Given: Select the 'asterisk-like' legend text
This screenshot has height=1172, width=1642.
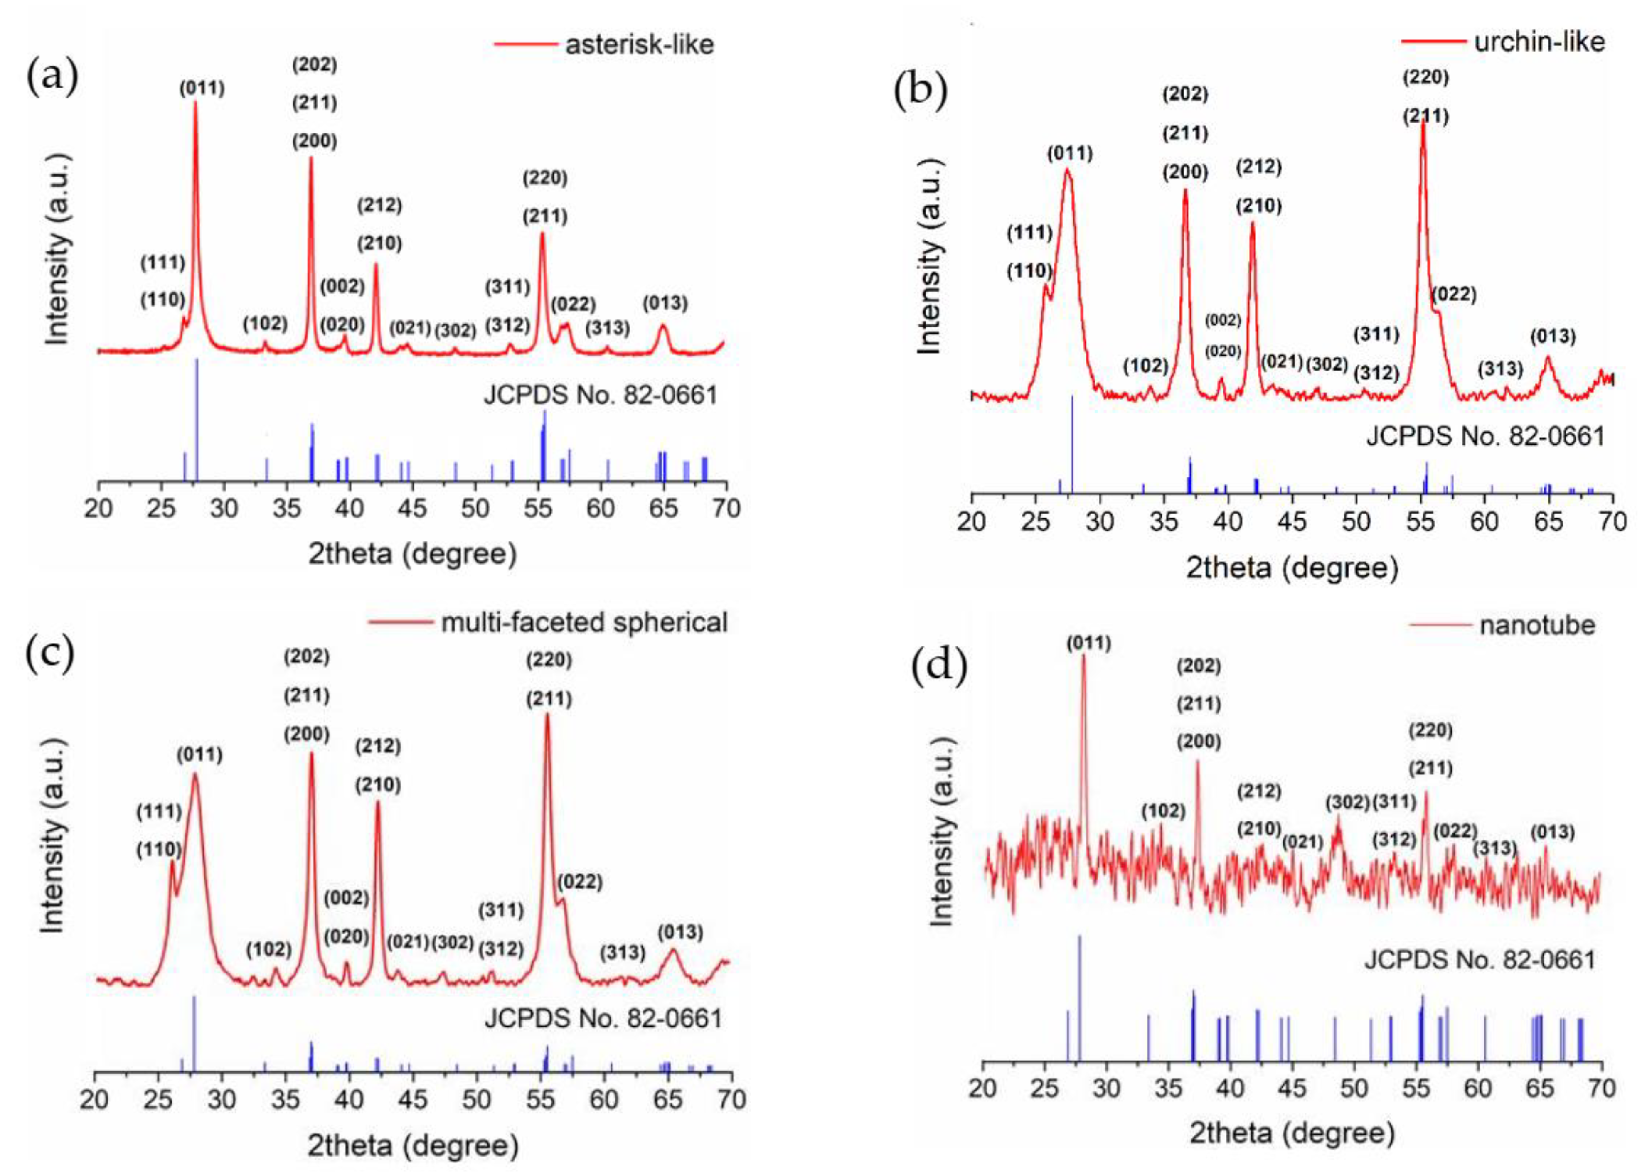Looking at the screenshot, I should click(x=639, y=45).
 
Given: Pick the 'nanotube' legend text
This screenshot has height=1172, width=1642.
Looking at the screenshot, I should click(x=1536, y=625).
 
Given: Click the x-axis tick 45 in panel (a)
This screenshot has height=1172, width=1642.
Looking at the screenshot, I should click(x=412, y=509).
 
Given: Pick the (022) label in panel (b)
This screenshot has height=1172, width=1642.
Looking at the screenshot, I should click(x=1454, y=295).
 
